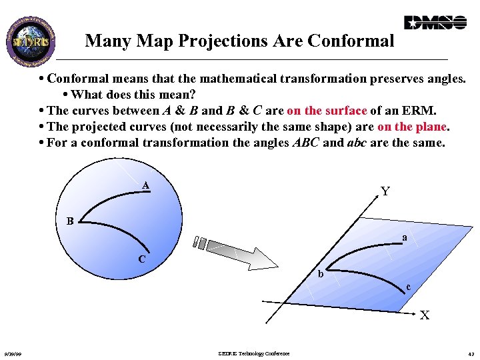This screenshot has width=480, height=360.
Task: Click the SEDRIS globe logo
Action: click(x=31, y=39)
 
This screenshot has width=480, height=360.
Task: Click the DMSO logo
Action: click(x=435, y=23)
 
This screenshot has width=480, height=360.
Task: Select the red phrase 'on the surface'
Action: click(x=327, y=111)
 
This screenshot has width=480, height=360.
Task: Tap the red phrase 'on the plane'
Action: click(x=413, y=127)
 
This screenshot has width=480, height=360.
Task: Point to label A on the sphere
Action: click(x=145, y=185)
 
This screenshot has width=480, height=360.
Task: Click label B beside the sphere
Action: click(x=69, y=221)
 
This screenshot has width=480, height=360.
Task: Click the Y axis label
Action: click(x=385, y=192)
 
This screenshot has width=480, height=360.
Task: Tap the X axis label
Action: click(x=424, y=315)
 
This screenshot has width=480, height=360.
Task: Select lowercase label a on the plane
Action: click(x=404, y=237)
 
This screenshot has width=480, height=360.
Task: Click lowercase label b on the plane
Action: click(x=321, y=274)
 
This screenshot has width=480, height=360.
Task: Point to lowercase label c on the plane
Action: click(x=409, y=287)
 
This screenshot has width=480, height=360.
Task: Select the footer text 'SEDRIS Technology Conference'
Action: click(x=254, y=353)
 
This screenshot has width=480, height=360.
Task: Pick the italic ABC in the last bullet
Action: click(x=306, y=143)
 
